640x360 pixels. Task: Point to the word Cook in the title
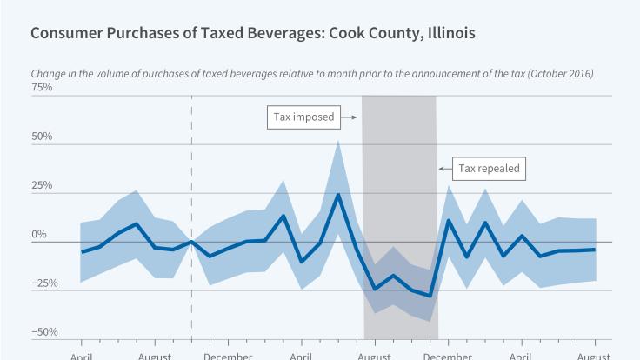(x=329, y=34)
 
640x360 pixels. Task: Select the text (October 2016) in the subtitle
(x=555, y=74)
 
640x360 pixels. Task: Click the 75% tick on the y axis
(x=42, y=88)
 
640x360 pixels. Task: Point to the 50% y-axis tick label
(x=42, y=137)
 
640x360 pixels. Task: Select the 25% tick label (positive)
(x=42, y=185)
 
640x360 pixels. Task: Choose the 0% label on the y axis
(x=39, y=234)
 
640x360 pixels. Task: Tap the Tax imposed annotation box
(x=301, y=117)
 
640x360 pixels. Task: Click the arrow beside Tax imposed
(x=349, y=117)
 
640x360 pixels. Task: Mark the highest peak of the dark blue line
(x=337, y=194)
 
